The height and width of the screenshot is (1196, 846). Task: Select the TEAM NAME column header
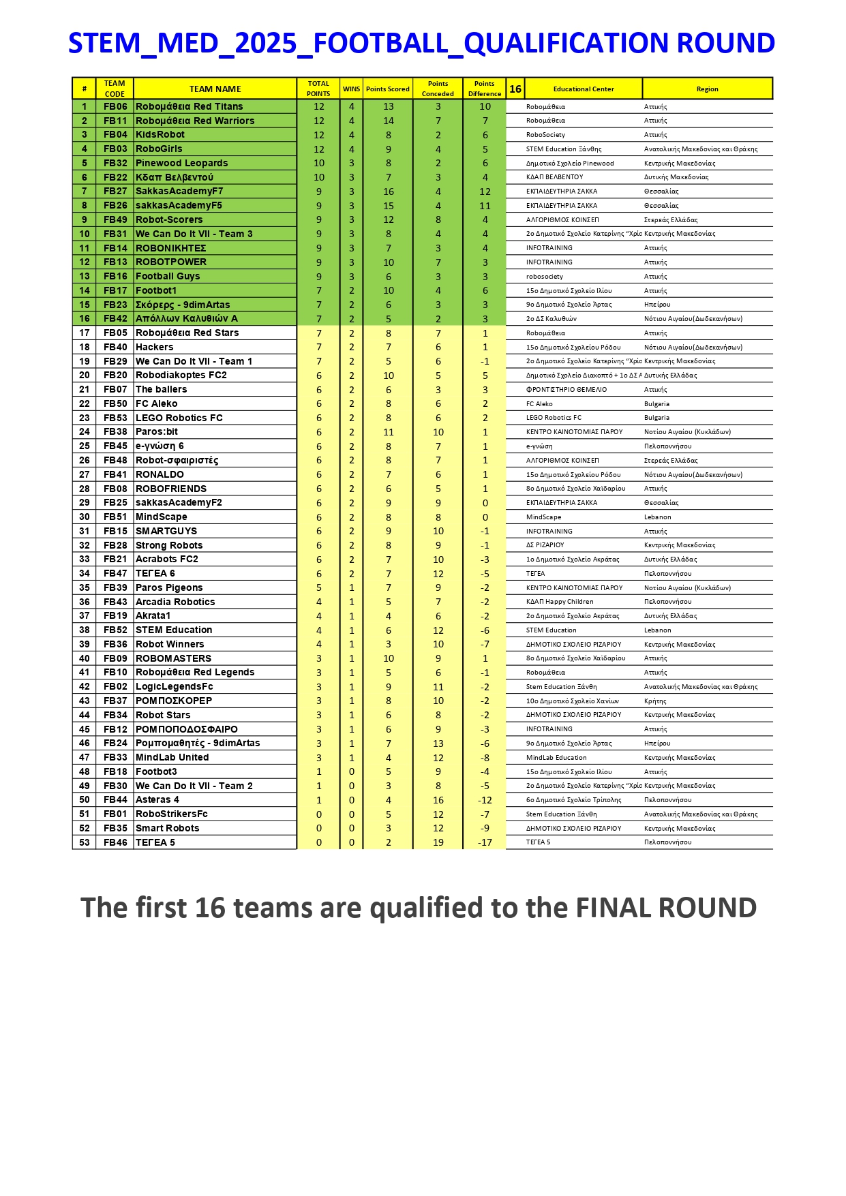215,89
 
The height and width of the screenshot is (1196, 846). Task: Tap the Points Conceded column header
438,89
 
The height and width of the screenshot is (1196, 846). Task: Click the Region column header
707,89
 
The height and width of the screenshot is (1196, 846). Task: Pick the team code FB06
115,107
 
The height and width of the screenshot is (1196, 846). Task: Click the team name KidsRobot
160,135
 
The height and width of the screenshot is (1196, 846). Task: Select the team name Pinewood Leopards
181,164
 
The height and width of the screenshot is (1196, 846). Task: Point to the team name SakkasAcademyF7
179,191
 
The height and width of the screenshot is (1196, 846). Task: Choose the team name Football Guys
168,277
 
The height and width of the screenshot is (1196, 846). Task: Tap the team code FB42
115,319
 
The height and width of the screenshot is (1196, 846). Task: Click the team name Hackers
154,348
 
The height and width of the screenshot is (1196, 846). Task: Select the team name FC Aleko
156,404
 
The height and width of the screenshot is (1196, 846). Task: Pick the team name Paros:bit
157,432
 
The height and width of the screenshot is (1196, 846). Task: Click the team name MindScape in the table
161,517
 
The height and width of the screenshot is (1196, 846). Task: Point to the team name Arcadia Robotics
175,602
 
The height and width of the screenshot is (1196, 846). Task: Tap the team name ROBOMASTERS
173,659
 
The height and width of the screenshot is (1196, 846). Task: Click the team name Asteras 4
157,800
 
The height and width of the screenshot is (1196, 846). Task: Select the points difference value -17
485,843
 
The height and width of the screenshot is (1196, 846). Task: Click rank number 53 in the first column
85,843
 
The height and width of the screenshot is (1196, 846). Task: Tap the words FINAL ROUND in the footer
666,908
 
